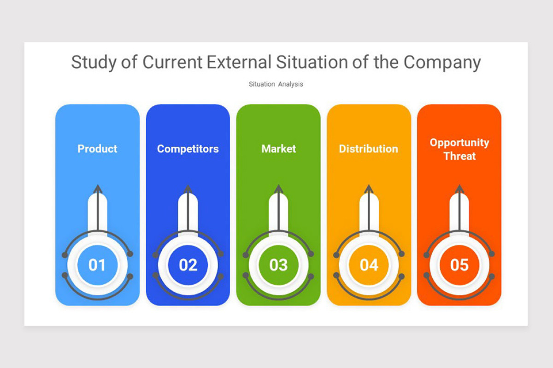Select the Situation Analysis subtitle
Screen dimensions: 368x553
276,84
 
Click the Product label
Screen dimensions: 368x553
97,149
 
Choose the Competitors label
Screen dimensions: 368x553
188,149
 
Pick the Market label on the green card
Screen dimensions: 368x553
278,149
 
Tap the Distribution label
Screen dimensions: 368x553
369,149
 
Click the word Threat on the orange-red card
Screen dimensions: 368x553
459,156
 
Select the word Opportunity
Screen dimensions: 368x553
459,143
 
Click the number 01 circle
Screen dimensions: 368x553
97,265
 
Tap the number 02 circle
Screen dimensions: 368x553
188,265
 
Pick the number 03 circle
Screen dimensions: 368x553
278,265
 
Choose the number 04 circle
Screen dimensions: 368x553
369,265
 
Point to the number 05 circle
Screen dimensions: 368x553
459,265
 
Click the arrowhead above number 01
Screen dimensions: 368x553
97,189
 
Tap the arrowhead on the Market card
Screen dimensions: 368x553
278,189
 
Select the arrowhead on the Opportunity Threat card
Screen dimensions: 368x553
459,189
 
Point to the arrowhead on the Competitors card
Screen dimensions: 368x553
188,189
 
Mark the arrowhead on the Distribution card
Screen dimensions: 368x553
369,189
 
